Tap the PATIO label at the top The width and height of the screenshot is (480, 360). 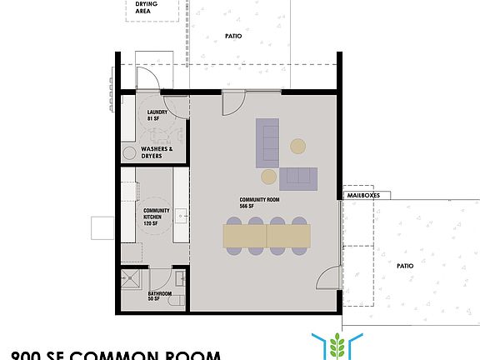pyautogui.click(x=234, y=36)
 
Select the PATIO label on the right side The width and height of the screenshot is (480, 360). pyautogui.click(x=405, y=266)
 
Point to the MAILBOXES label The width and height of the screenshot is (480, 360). pyautogui.click(x=362, y=189)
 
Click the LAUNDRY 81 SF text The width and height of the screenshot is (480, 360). pyautogui.click(x=157, y=116)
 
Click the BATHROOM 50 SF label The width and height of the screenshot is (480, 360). pyautogui.click(x=160, y=297)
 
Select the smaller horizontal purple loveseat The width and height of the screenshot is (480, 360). pyautogui.click(x=298, y=177)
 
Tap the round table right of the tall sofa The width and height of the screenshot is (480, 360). pyautogui.click(x=298, y=147)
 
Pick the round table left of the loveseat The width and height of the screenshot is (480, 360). pyautogui.click(x=268, y=176)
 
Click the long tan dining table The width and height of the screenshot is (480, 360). pyautogui.click(x=267, y=238)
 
